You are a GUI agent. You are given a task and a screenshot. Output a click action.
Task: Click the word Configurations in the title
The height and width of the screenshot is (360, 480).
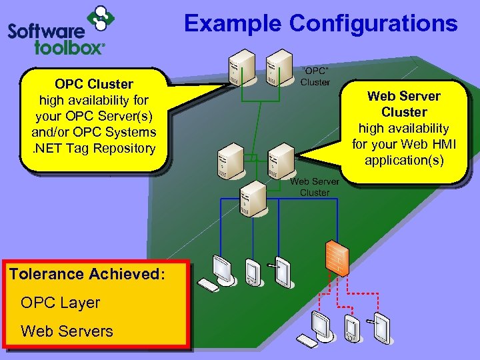click(373, 23)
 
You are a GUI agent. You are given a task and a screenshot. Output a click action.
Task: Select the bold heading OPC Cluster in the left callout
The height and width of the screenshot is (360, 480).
click(94, 85)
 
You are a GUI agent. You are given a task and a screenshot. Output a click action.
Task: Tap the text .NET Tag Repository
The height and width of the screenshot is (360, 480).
click(94, 148)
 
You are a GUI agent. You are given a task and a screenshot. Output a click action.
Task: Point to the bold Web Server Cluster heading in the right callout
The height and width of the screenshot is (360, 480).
click(404, 104)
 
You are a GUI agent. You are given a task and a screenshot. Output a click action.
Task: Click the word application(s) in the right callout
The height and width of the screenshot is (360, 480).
click(404, 160)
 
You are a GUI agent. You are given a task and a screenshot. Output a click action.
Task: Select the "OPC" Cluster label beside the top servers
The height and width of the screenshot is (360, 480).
click(315, 76)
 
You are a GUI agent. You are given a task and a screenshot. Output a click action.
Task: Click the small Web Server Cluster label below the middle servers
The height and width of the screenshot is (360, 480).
click(315, 187)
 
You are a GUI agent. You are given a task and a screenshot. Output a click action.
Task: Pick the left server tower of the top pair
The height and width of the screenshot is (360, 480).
click(237, 68)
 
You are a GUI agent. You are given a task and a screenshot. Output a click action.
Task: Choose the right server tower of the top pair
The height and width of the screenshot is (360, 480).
click(275, 68)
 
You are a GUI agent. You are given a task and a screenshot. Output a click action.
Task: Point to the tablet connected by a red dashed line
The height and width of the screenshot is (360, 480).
click(381, 327)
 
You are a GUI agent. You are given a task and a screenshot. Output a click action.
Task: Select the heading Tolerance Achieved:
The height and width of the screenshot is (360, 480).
click(87, 274)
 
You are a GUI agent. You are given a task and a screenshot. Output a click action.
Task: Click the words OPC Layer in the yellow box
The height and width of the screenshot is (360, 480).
click(61, 303)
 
